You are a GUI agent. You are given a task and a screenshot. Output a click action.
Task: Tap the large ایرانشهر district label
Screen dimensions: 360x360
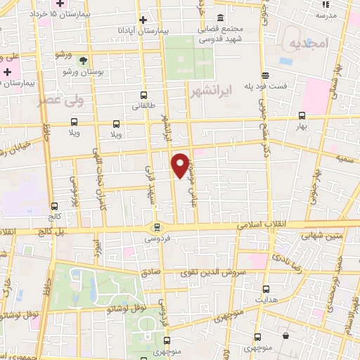click(x=211, y=91)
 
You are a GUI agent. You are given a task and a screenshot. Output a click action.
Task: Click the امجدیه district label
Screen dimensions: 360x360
click(x=309, y=44)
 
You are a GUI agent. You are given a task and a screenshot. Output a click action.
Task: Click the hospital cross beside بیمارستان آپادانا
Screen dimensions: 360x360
click(x=143, y=20)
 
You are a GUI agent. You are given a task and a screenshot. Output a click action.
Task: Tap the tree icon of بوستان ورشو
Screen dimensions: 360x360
click(x=84, y=60)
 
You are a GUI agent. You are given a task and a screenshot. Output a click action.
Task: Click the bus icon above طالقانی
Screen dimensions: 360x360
click(x=144, y=96)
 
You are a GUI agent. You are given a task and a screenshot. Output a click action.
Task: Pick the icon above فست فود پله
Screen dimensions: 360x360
click(x=264, y=75)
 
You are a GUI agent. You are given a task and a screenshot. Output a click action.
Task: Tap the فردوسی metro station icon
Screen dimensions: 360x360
click(x=157, y=227)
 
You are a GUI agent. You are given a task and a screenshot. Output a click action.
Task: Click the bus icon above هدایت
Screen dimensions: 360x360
click(x=265, y=288)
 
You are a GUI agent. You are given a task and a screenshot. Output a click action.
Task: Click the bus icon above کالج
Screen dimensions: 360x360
click(x=56, y=206)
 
